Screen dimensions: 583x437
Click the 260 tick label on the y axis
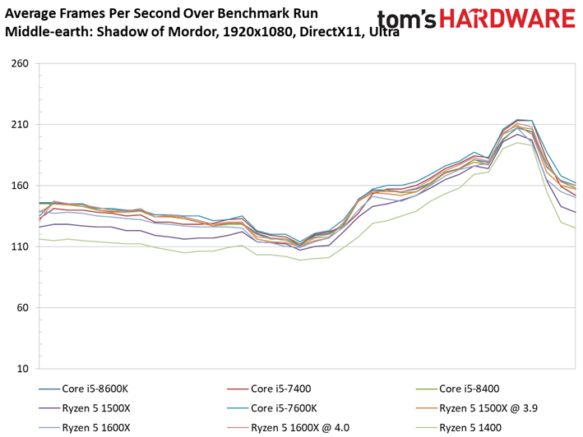(20, 63)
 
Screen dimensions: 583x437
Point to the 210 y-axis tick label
(20, 124)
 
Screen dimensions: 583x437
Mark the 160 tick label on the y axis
(20, 186)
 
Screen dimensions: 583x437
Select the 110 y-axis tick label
(20, 246)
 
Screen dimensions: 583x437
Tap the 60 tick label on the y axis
(23, 307)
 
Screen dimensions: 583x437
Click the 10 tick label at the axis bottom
(23, 368)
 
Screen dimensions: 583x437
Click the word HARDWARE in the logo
(507, 19)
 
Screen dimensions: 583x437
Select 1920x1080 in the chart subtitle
(257, 32)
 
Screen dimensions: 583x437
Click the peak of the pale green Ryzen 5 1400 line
(517, 143)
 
